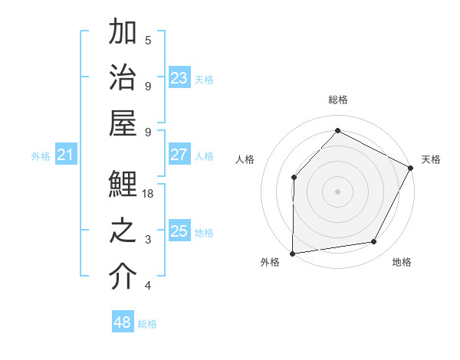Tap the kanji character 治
pos(123,78)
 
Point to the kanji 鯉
pos(123,186)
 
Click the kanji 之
pos(123,232)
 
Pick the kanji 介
pos(123,278)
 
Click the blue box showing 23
pos(179,78)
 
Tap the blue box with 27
pos(179,155)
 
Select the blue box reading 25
pos(179,231)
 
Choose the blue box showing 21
pos(65,155)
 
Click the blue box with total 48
pos(122,322)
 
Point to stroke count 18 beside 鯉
pos(148,195)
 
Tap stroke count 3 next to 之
pos(148,241)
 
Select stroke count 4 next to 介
pos(148,286)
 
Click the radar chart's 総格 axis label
pos(337,100)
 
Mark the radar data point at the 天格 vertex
pos(411,168)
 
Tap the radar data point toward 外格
pos(292,253)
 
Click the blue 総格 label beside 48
pos(147,324)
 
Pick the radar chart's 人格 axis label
pos(245,159)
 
